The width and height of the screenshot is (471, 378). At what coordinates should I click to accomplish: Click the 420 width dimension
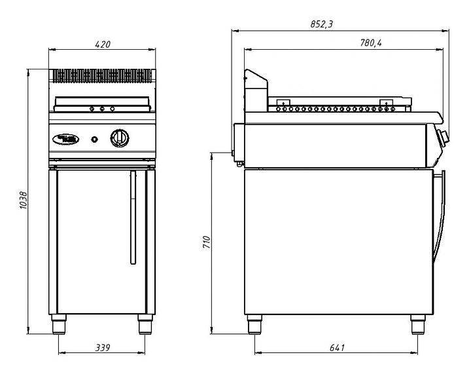click(103, 45)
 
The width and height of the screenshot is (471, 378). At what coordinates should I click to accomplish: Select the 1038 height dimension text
click(24, 199)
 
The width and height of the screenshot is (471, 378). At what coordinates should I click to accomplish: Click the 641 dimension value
click(336, 347)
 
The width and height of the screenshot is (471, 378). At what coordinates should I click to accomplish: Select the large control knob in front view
click(120, 138)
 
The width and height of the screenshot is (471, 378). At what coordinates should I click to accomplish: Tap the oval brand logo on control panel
click(65, 138)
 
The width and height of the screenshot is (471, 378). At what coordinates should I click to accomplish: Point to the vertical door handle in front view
click(132, 217)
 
